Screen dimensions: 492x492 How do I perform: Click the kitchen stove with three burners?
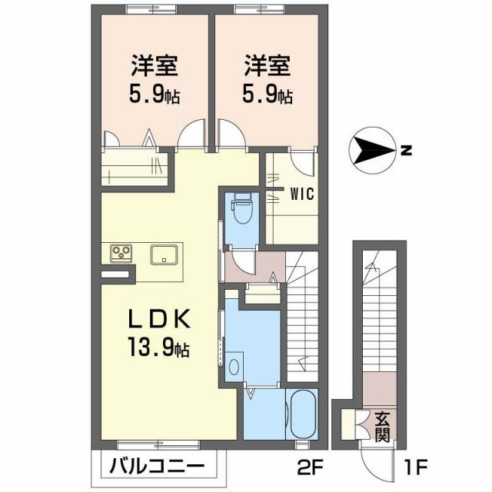120,252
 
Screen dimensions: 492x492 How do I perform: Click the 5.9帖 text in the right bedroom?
268,96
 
